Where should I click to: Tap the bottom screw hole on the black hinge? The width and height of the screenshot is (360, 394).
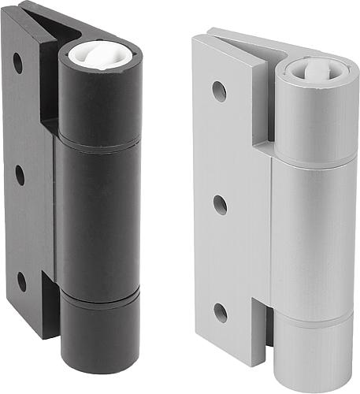[x=22, y=281]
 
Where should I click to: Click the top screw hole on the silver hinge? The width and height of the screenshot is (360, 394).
[x=219, y=91]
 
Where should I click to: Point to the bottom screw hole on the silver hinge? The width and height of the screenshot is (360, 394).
[x=221, y=312]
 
